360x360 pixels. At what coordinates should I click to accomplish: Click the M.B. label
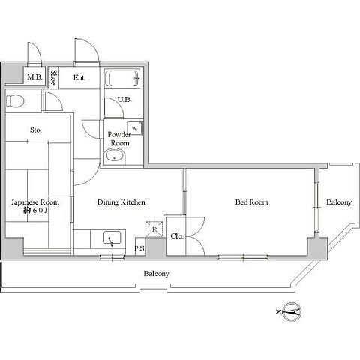click(x=34, y=77)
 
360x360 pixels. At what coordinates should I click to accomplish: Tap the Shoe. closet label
click(x=53, y=78)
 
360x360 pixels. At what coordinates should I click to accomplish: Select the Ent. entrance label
click(x=79, y=77)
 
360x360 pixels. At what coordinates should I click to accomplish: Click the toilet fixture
click(x=15, y=100)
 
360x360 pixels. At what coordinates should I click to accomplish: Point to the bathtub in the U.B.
click(x=122, y=78)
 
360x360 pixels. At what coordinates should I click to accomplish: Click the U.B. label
click(x=124, y=100)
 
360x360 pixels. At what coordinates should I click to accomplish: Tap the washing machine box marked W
click(x=135, y=128)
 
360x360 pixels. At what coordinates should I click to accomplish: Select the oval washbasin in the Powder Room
click(x=115, y=156)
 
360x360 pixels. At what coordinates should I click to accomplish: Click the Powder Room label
click(x=119, y=139)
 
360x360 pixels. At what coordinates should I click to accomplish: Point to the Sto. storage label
click(x=36, y=130)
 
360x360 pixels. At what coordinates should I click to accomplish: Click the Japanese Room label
click(x=35, y=202)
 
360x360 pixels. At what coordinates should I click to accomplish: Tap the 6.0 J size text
click(x=39, y=211)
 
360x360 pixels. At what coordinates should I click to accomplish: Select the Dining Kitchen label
click(x=121, y=202)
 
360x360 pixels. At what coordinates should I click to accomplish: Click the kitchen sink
click(x=112, y=238)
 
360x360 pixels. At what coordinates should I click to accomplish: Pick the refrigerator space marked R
click(x=154, y=229)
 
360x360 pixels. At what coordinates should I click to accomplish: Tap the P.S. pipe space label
click(x=139, y=249)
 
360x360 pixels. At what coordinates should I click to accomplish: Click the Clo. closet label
click(x=177, y=235)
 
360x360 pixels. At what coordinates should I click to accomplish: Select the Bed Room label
click(x=251, y=202)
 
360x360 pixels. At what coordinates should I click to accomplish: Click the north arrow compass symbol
click(x=292, y=311)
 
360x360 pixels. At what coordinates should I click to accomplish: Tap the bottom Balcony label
click(x=157, y=274)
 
